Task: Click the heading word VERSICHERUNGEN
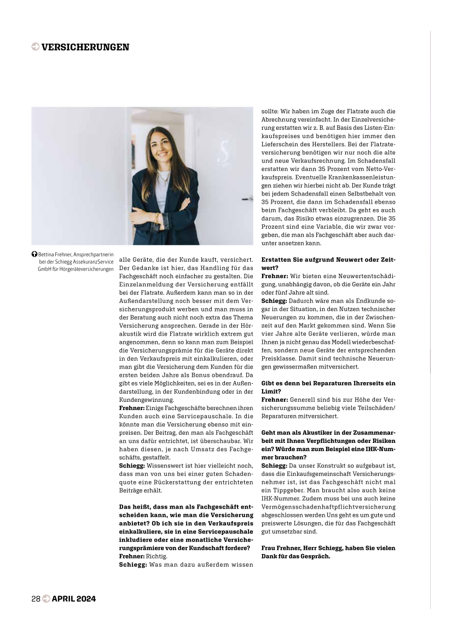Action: pos(85,47)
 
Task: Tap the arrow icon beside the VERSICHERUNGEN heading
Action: pos(36,47)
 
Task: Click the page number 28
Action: pos(36,598)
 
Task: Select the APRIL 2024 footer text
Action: pos(74,598)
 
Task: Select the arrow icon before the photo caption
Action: pos(34,255)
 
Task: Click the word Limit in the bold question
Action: pos(272,391)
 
